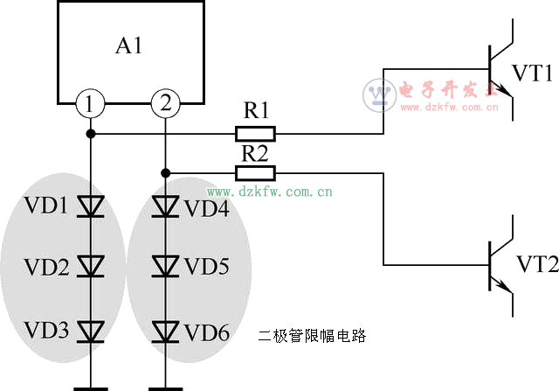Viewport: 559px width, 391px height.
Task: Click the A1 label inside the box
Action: click(129, 46)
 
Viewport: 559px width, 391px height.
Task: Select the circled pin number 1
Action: click(90, 104)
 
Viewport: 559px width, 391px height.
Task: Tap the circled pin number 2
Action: click(164, 104)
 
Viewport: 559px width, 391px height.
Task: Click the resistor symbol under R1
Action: click(255, 134)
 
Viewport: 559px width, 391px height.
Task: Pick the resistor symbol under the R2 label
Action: click(255, 173)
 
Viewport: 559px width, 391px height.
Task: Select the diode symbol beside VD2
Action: click(90, 266)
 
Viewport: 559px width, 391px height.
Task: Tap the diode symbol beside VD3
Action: click(90, 331)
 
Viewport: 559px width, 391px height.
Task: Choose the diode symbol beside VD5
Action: click(164, 266)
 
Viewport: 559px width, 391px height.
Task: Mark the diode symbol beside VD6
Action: click(164, 331)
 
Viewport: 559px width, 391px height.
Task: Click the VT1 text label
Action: click(532, 73)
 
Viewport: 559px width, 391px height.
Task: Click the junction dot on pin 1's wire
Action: click(90, 134)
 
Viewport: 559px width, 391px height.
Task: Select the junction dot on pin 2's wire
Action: click(164, 173)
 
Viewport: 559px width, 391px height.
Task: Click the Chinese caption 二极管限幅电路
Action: click(311, 335)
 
